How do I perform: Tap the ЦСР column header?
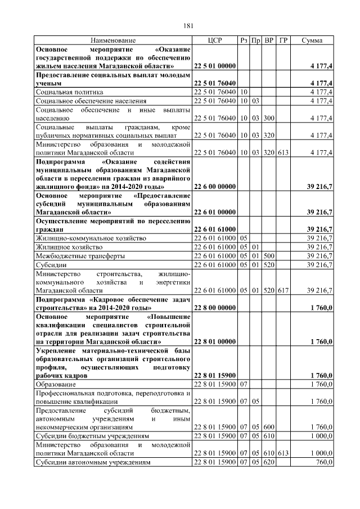click(215, 41)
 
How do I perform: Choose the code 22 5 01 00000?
click(214, 66)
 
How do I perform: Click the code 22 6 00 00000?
click(214, 186)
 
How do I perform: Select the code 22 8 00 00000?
click(214, 308)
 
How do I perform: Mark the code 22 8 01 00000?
click(214, 341)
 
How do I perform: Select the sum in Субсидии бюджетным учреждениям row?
click(321, 436)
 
